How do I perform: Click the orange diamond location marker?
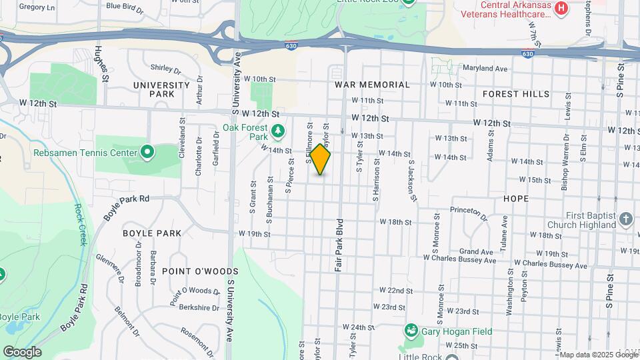(x=320, y=159)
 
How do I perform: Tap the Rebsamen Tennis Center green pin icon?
(x=147, y=153)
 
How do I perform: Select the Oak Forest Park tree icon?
(x=278, y=130)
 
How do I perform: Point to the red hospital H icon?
(x=561, y=9)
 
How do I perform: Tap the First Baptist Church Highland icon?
(x=625, y=218)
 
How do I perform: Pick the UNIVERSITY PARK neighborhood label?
(x=161, y=90)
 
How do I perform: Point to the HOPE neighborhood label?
(x=516, y=199)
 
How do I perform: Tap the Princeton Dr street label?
(x=469, y=211)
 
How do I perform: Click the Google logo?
(x=22, y=351)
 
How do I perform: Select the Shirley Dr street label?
(x=166, y=68)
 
